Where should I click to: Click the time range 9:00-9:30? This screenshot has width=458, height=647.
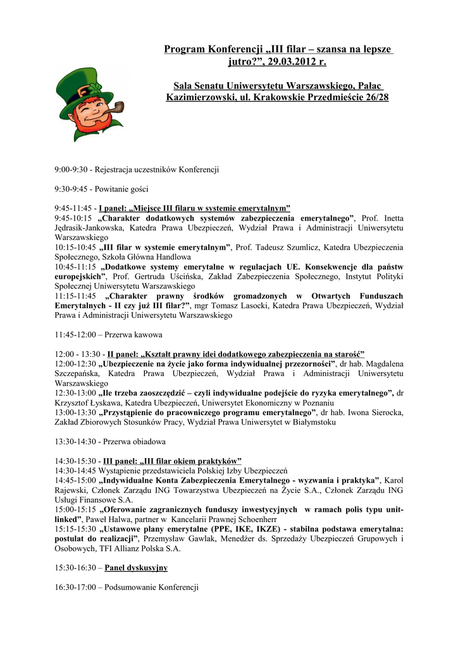point(71,169)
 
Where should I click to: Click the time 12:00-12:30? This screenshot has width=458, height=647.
point(75,363)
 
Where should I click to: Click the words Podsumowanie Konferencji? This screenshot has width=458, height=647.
point(151,587)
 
